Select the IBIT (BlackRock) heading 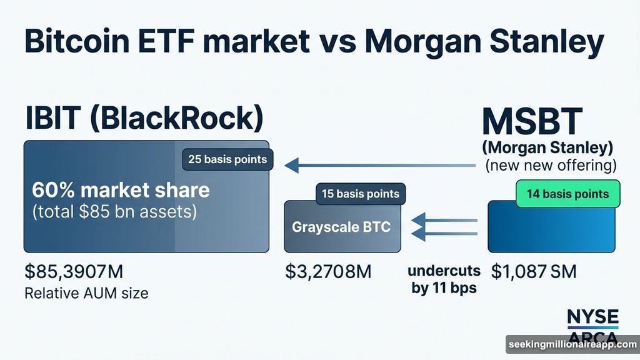[144, 119]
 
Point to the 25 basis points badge [227, 159]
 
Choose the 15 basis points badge [361, 194]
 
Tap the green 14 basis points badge [567, 194]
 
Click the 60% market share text [121, 189]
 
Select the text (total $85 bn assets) [114, 212]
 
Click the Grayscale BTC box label [341, 226]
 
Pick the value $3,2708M [329, 272]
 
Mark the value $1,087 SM [533, 272]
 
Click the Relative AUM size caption [86, 292]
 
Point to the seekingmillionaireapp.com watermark [572, 344]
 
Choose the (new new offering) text [551, 166]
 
